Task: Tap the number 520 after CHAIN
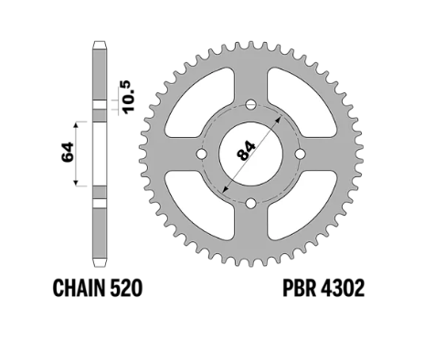[x=126, y=288]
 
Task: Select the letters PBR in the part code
[x=299, y=288]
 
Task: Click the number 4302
[x=343, y=288]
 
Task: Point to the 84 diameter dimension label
[x=247, y=150]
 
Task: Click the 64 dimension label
[x=69, y=152]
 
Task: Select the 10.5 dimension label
[x=128, y=96]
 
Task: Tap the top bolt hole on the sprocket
[x=251, y=105]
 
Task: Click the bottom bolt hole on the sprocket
[x=251, y=203]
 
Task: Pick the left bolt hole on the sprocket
[x=201, y=154]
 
